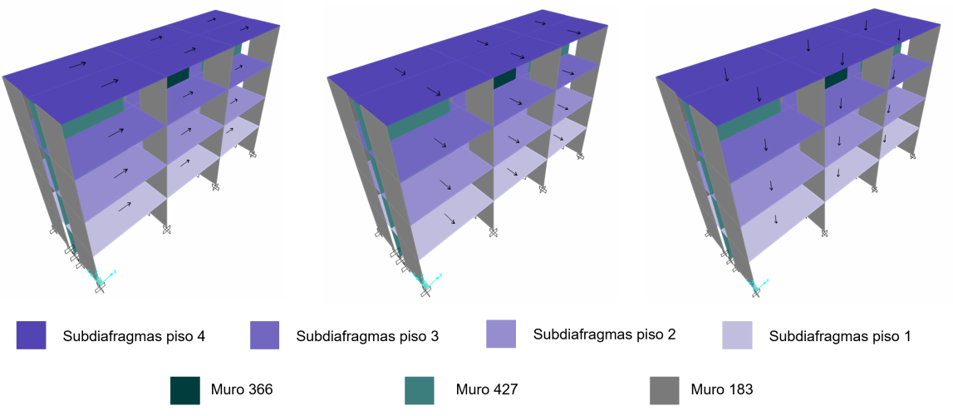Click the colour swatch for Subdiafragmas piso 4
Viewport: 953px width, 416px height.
tap(31, 335)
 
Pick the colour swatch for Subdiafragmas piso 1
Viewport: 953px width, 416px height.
tap(737, 335)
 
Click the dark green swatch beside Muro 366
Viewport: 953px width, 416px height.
tap(185, 390)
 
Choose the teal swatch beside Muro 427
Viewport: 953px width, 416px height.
tap(420, 390)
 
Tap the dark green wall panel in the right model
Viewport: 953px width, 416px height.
tap(835, 78)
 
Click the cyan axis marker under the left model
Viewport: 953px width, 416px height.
tap(103, 278)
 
